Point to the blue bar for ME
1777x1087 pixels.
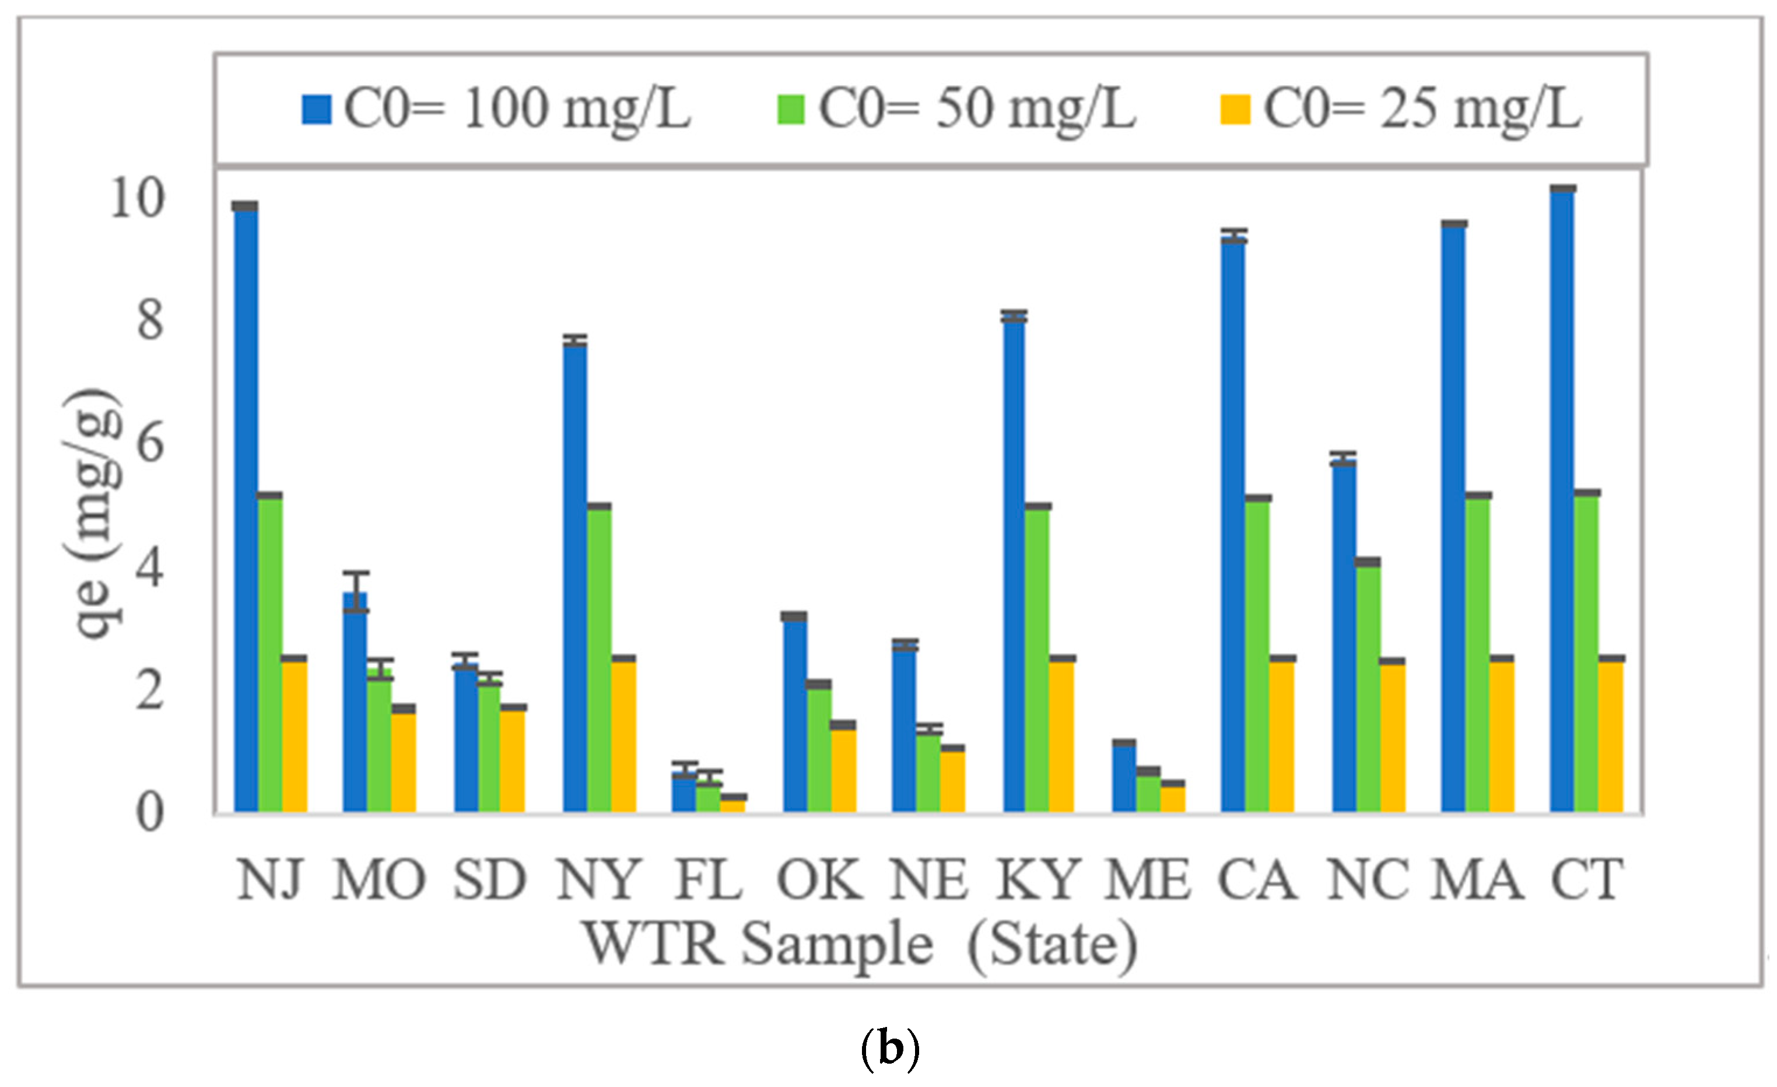(1124, 777)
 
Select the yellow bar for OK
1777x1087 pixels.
(844, 768)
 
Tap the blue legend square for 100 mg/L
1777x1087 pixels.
(317, 110)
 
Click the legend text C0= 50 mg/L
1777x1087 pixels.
(977, 110)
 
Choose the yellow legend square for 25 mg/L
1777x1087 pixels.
(1235, 110)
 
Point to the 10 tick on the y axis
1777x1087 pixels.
(137, 198)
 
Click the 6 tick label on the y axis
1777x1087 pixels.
(150, 444)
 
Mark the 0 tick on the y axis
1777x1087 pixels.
(150, 812)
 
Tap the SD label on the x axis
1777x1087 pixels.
(490, 880)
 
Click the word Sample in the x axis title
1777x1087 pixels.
(837, 945)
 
